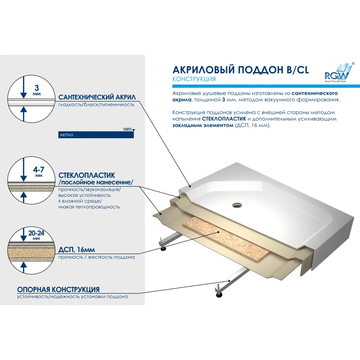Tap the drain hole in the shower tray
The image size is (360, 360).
pos(237,205)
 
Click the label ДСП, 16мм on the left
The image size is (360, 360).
pos(76,250)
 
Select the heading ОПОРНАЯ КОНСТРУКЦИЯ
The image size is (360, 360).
pos(58,289)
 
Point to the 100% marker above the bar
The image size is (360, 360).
pos(128,129)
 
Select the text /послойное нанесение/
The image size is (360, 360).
pos(96,182)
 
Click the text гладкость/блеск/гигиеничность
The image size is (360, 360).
pos(96,104)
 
